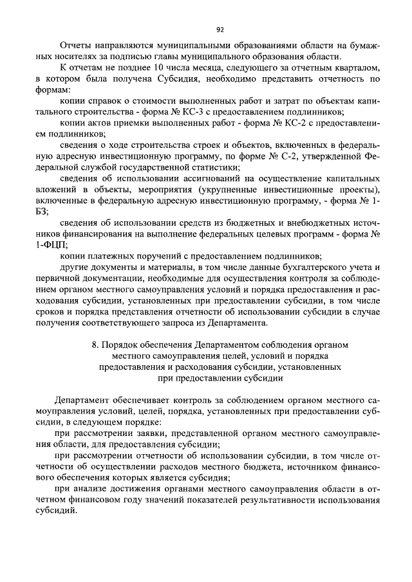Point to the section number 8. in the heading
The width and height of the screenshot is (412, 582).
point(97,346)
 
